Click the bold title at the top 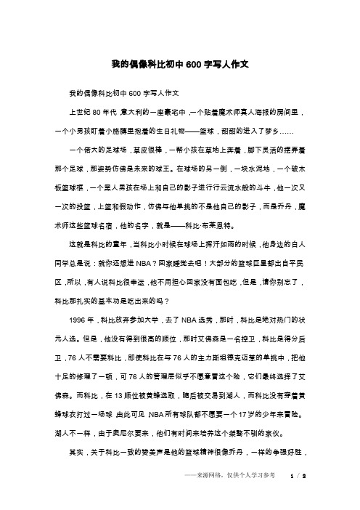point(180,64)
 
